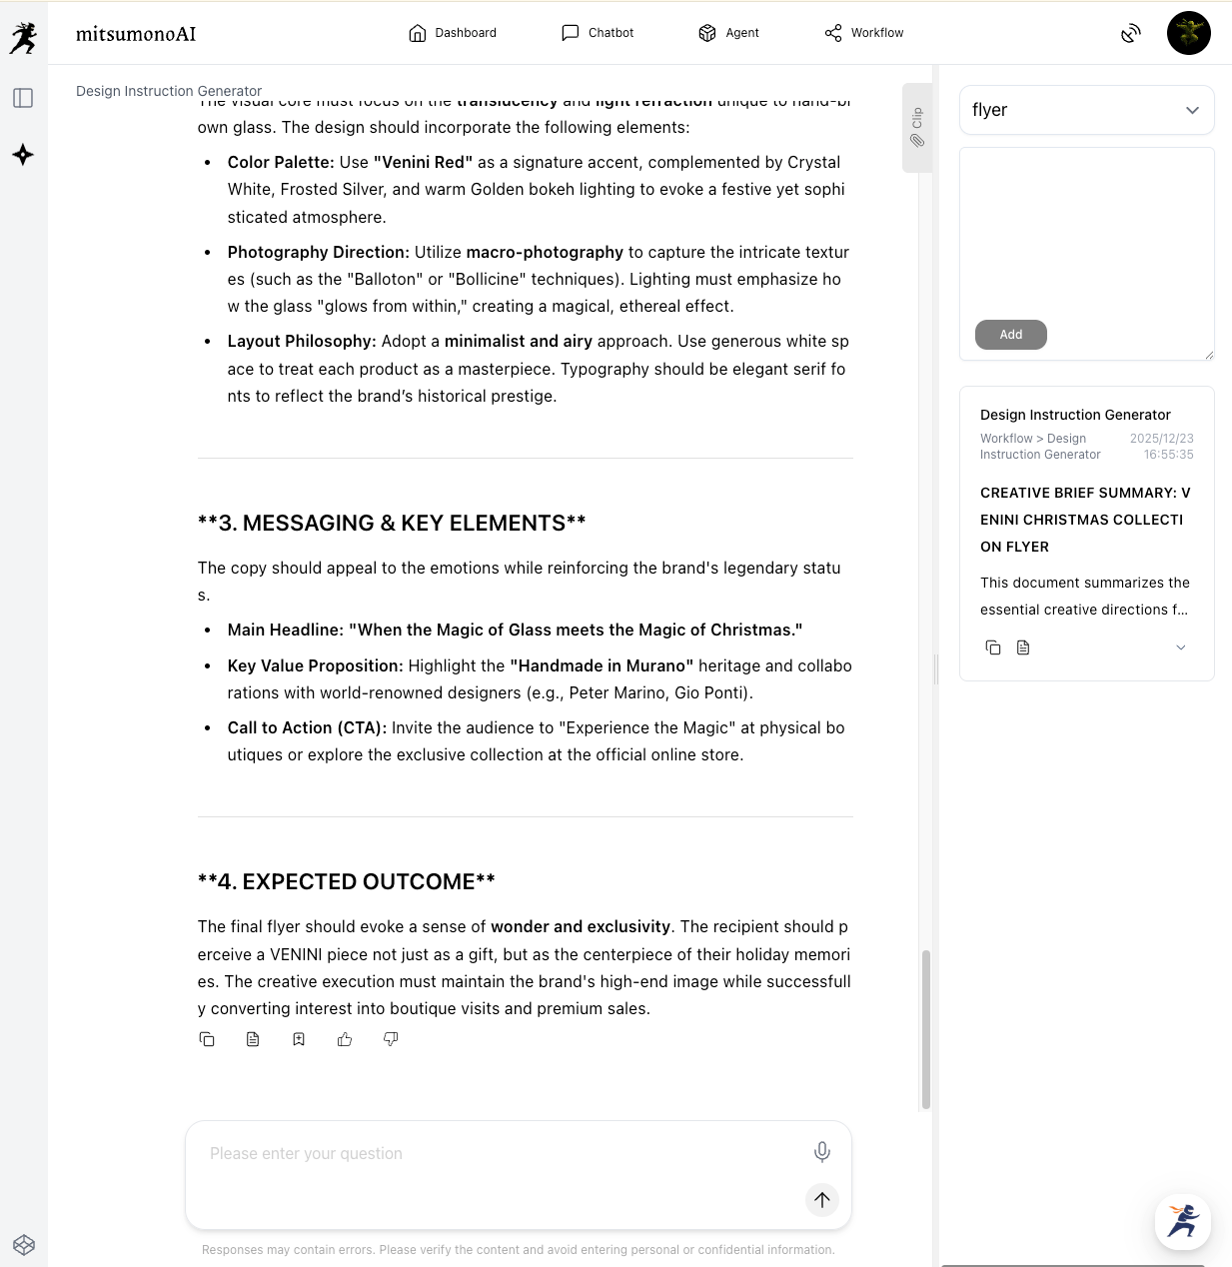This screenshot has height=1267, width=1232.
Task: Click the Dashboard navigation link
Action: [453, 33]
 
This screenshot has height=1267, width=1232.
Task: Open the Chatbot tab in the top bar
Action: [598, 33]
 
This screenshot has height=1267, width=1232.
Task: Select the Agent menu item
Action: [728, 33]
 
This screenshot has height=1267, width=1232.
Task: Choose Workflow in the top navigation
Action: [864, 33]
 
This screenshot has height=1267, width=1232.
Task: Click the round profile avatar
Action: [1188, 33]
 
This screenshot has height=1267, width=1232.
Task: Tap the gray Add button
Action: [1010, 335]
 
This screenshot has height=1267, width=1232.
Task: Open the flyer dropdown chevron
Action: [1192, 110]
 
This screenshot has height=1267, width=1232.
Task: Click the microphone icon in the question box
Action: [821, 1152]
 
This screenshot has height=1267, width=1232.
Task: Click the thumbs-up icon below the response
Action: [345, 1039]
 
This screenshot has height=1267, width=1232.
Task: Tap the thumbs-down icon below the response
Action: [391, 1039]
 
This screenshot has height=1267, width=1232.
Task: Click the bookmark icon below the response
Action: [299, 1039]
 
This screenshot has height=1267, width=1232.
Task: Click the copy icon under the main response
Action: [207, 1039]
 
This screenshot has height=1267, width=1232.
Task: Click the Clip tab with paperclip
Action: [916, 128]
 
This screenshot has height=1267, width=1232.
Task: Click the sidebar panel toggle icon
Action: [23, 98]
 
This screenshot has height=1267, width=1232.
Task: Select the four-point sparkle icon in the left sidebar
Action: [23, 155]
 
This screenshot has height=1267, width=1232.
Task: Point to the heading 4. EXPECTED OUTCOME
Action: [347, 881]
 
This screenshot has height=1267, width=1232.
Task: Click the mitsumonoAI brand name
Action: [136, 34]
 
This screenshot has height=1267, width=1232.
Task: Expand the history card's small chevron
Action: [1180, 647]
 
